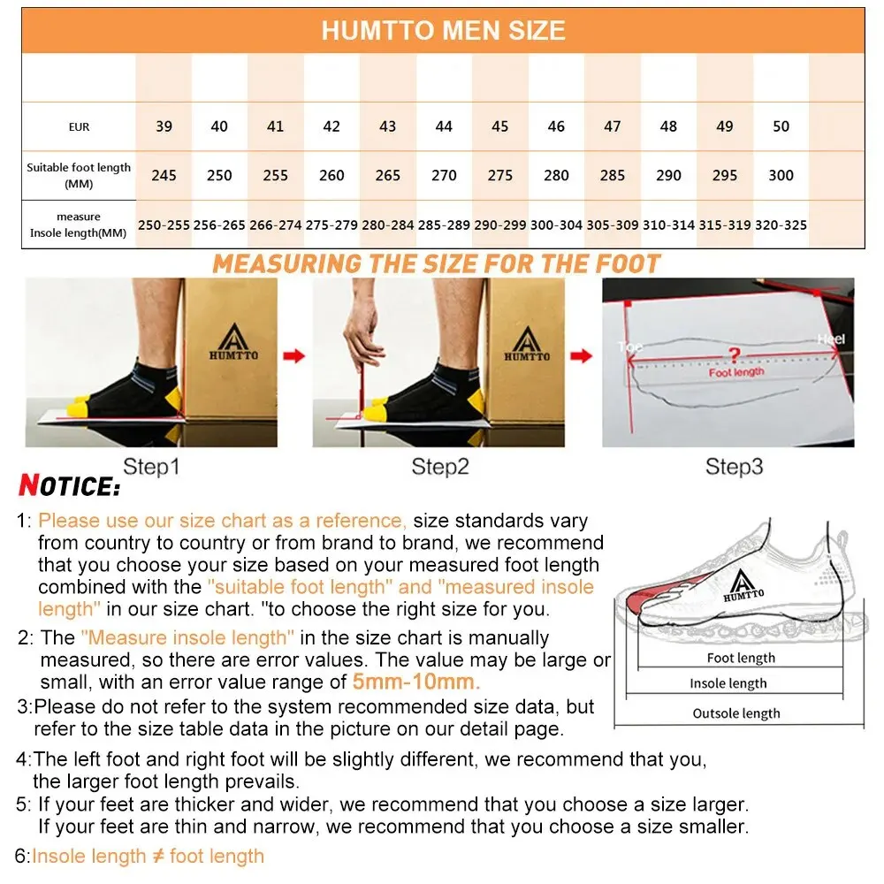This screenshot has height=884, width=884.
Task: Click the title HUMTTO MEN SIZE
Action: click(x=443, y=31)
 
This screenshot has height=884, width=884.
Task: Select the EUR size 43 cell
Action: click(x=387, y=126)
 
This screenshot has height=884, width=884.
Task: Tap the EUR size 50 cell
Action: click(x=781, y=126)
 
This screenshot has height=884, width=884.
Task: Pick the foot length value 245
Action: click(x=164, y=175)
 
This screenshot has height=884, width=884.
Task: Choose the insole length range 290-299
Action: click(x=499, y=225)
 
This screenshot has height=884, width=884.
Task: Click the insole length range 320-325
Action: click(x=781, y=225)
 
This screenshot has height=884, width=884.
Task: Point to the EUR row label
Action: click(x=79, y=127)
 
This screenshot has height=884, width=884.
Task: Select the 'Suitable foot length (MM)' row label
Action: click(x=79, y=175)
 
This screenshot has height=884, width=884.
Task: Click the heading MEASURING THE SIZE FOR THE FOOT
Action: click(x=437, y=263)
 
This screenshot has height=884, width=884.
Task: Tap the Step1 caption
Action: click(x=150, y=467)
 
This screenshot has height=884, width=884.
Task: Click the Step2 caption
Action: click(x=439, y=467)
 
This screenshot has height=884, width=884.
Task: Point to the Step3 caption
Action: click(x=734, y=467)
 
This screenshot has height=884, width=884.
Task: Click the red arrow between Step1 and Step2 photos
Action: click(x=294, y=356)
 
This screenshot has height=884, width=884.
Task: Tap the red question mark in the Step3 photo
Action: click(x=734, y=355)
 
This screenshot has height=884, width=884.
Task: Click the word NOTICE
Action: click(x=69, y=486)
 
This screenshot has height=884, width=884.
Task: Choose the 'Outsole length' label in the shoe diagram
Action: click(x=736, y=713)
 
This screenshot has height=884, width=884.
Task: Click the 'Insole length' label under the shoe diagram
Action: click(x=728, y=683)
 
